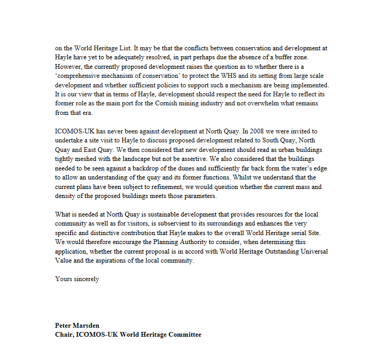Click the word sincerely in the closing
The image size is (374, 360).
[86, 278]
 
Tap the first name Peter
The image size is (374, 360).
[64, 325]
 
